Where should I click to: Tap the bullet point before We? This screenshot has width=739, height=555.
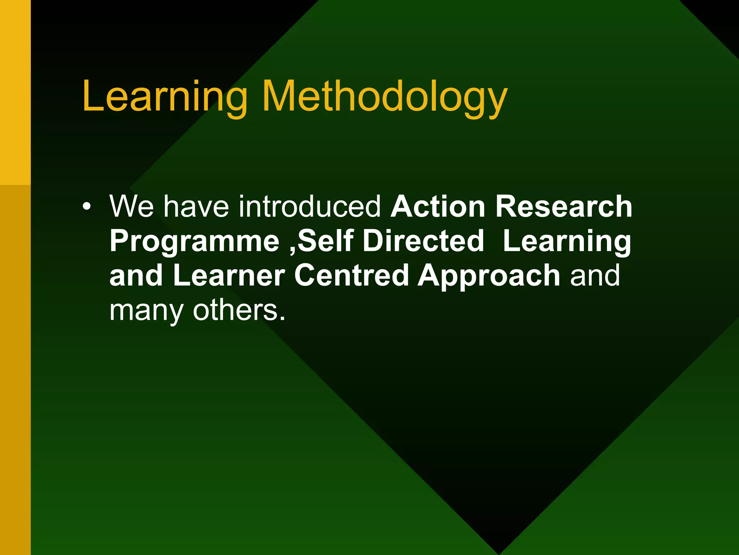86,207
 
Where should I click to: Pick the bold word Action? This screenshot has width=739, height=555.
438,206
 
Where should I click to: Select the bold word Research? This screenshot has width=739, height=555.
564,206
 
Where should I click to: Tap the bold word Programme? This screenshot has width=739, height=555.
194,241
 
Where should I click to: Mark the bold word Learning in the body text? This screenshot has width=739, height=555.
567,241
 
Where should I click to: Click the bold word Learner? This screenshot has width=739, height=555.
229,275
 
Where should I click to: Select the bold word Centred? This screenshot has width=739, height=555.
351,275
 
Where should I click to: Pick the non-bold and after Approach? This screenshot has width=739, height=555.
595,275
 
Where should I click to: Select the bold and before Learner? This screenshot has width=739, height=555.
136,275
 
